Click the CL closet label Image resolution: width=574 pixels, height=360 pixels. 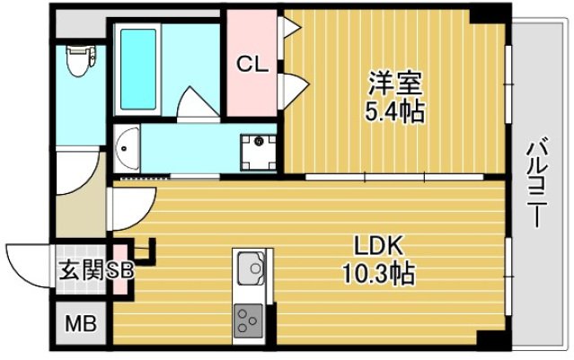point(252,64)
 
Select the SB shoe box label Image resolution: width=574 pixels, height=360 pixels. point(121,270)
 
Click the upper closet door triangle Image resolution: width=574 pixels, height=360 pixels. point(291,27)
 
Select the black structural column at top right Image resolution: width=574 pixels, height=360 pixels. point(489,13)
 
